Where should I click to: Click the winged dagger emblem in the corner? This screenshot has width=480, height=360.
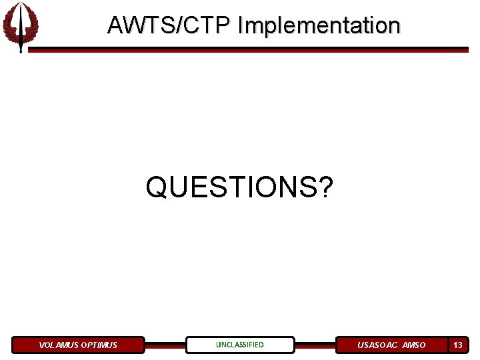[x=20, y=27]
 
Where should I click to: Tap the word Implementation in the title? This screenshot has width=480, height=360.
[x=319, y=25]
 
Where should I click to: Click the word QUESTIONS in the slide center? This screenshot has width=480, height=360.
[x=231, y=187]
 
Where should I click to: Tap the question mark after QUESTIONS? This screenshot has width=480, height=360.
[x=325, y=187]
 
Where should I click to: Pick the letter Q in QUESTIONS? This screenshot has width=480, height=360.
[x=157, y=187]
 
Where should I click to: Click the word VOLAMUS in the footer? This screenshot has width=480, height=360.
[x=59, y=345]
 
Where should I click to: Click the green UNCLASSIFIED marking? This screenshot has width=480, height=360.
[x=239, y=345]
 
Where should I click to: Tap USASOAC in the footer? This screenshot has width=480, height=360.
[x=377, y=345]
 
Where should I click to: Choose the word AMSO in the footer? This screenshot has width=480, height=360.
[x=414, y=345]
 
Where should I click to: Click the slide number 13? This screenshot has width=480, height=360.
[x=458, y=345]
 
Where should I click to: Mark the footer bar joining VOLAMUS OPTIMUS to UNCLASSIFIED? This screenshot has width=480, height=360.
[x=165, y=345]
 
